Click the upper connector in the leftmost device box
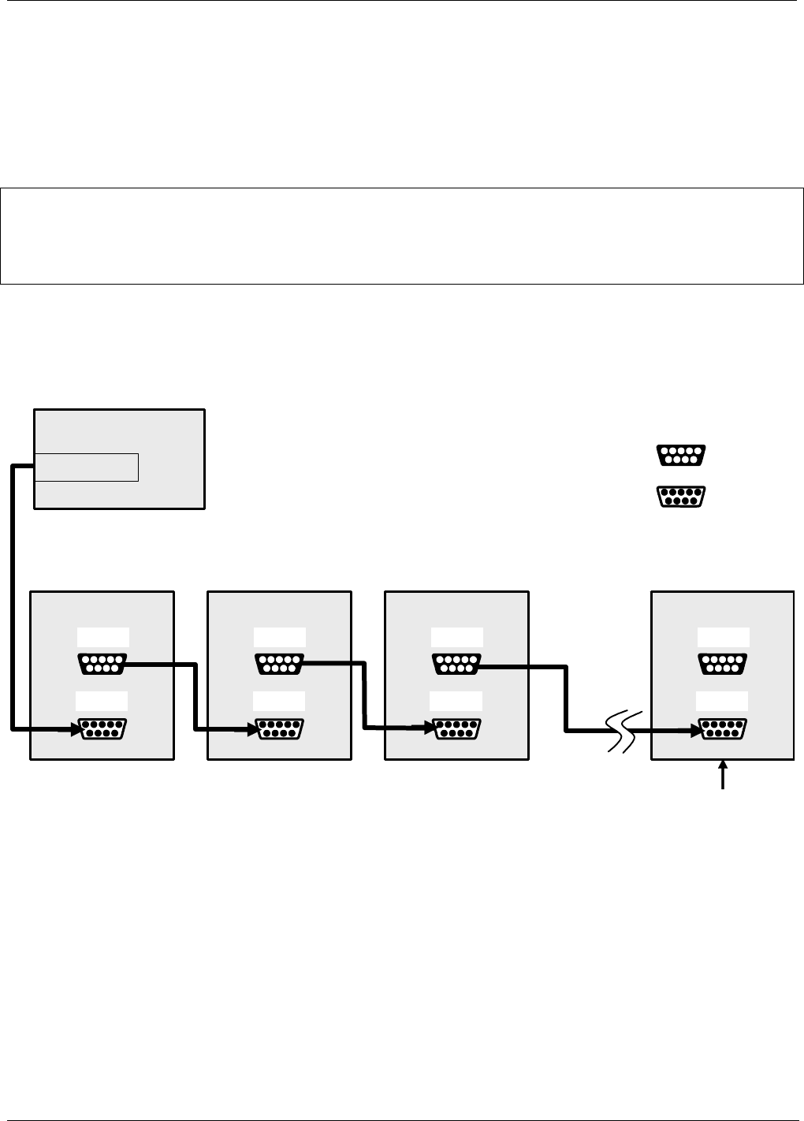(x=102, y=664)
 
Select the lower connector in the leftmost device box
(x=102, y=729)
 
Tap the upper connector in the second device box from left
(x=279, y=664)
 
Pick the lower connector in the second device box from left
(x=279, y=729)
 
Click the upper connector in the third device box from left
(x=456, y=664)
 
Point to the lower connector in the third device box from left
(x=456, y=729)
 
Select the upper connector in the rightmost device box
(x=724, y=664)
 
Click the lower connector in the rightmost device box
(x=724, y=729)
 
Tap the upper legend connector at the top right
(x=680, y=455)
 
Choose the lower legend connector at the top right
(x=680, y=497)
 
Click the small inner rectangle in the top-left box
(x=87, y=467)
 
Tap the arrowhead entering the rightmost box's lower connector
(x=697, y=730)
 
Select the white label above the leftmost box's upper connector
(x=102, y=637)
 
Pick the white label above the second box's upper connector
(x=279, y=637)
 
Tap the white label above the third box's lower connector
(x=456, y=701)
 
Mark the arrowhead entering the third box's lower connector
(x=430, y=730)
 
